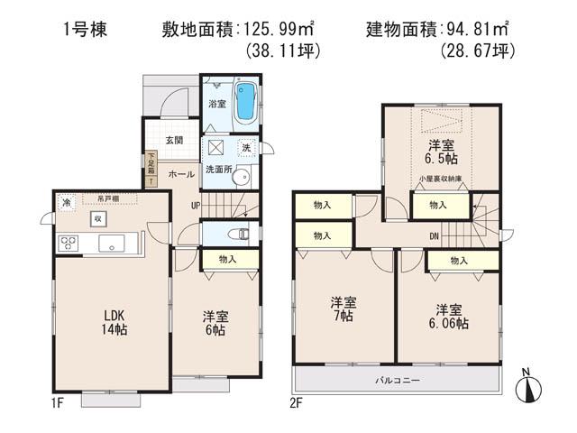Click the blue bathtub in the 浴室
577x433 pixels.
click(244, 101)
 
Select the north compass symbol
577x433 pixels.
click(529, 389)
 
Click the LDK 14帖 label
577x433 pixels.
click(114, 323)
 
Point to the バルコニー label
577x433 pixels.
click(398, 382)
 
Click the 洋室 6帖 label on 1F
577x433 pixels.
click(214, 323)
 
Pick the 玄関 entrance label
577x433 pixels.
click(175, 140)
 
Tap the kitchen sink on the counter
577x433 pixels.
click(113, 242)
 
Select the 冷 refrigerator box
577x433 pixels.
click(67, 204)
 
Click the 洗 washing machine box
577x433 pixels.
click(245, 148)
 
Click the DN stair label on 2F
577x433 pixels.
click(434, 237)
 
